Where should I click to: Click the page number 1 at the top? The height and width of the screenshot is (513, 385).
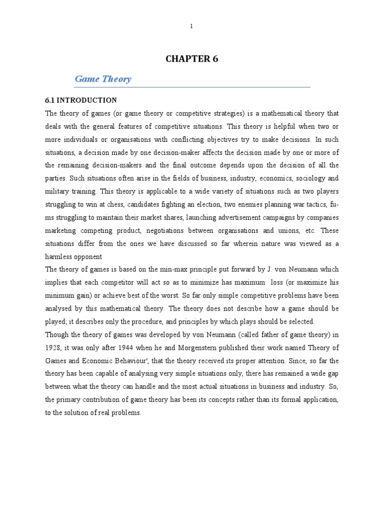[x=191, y=27]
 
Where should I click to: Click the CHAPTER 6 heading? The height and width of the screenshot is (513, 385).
[x=192, y=59]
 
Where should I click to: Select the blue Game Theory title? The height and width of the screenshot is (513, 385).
[x=103, y=79]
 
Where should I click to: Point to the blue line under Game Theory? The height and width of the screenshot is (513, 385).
[x=192, y=87]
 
